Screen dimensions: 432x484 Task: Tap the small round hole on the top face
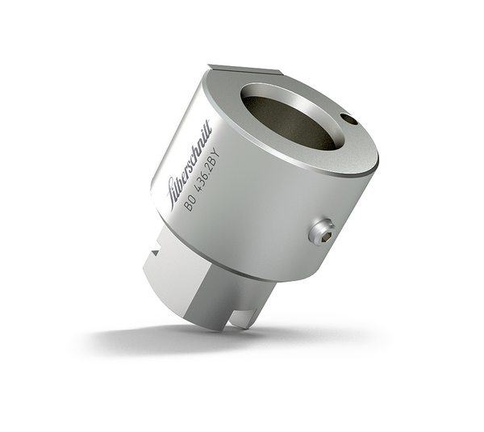tap(348, 120)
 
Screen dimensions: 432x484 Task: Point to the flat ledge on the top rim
tap(234, 70)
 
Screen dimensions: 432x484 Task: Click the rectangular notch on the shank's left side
tap(153, 258)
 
